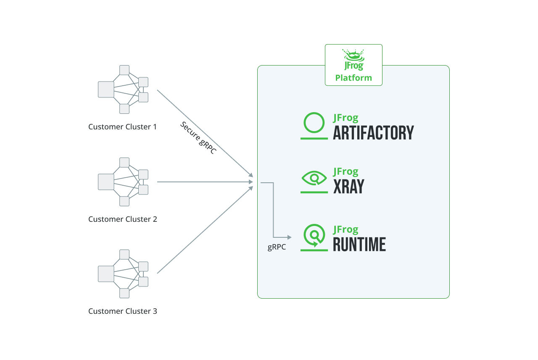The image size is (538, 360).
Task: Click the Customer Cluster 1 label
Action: coord(122,126)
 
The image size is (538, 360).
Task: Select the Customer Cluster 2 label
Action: coord(122,219)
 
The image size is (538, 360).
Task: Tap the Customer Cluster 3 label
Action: coord(122,311)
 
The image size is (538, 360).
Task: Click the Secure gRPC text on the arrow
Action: coord(198,138)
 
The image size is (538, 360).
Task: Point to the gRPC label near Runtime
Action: coord(277,247)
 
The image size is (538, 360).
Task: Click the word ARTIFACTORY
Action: coord(373,133)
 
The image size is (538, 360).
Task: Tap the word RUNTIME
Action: coord(359,244)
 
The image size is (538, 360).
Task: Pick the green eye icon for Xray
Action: coord(314,179)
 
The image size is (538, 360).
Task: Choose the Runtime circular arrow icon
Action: coord(314,236)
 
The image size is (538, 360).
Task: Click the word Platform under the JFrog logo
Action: coord(353,78)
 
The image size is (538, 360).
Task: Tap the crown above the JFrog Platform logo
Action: coord(353,54)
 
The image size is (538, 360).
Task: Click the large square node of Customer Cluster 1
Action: coord(106,89)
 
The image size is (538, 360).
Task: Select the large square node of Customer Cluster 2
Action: coord(106,182)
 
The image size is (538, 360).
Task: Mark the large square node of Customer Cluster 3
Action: coord(106,274)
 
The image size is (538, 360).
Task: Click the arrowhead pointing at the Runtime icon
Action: coord(289,237)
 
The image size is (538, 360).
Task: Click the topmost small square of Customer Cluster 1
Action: coord(124,70)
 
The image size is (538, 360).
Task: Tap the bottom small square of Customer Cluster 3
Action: coord(124,293)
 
